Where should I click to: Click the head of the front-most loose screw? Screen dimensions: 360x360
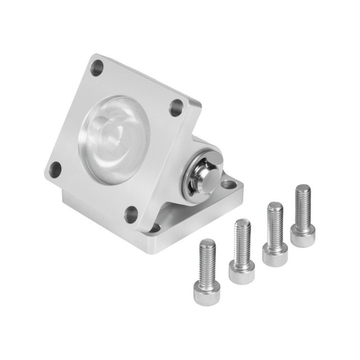pos(206,293)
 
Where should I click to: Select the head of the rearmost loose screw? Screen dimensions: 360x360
pos(303,235)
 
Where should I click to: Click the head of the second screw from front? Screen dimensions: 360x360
pos(242,272)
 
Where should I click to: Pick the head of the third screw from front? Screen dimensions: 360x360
pos(274,254)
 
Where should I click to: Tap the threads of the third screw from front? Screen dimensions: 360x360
pos(274,225)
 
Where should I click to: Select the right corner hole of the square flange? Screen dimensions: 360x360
pos(177,107)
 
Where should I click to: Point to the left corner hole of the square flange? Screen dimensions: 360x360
pos(55,168)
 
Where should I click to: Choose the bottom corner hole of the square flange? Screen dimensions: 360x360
pos(132,214)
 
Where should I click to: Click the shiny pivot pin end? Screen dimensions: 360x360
pos(208,178)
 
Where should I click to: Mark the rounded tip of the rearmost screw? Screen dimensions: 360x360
pos(303,187)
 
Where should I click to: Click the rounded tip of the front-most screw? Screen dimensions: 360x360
pos(207,242)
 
